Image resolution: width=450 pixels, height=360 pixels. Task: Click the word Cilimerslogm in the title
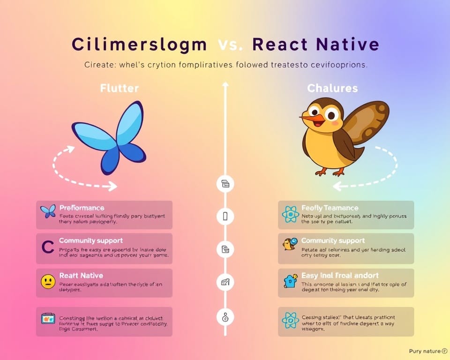[x=139, y=45]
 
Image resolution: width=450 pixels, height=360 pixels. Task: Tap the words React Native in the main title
[x=315, y=45]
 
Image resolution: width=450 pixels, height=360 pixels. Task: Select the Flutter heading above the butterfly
[x=120, y=88]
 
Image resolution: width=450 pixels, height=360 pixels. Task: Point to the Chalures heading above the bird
[x=332, y=88]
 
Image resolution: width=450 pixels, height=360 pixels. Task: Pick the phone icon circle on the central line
[x=225, y=216]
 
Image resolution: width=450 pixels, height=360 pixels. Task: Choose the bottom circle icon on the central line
[x=225, y=317]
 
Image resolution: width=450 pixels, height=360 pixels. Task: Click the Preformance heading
[x=82, y=208]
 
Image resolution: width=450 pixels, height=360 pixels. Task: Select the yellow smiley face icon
[x=48, y=282]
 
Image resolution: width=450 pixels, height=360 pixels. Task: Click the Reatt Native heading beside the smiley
[x=81, y=276]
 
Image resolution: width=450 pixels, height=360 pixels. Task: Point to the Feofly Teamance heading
[x=330, y=208]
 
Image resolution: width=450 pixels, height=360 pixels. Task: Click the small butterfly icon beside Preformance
[x=48, y=211]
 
